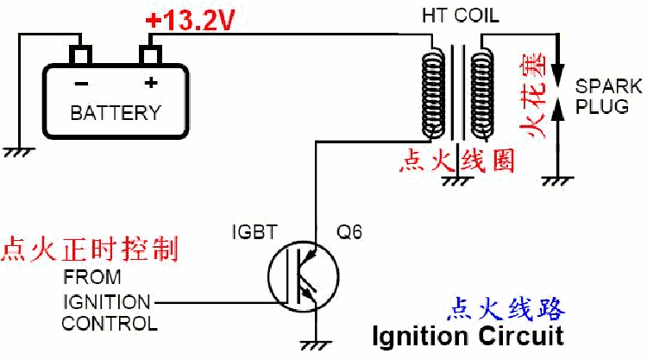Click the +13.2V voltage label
point(190,20)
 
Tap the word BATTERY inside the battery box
point(115,113)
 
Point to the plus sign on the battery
point(151,84)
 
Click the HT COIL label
point(460,16)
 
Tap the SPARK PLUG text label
point(608,96)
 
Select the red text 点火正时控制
point(90,250)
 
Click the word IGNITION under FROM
point(106,302)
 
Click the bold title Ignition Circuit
point(468,334)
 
